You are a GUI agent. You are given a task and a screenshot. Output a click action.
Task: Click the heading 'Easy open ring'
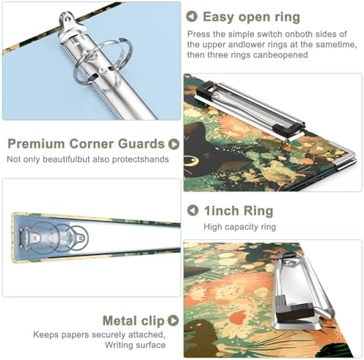pos(251,17)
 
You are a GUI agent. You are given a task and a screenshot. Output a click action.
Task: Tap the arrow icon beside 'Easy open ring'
pos(192,17)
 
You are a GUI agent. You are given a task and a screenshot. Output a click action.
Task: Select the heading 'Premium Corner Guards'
pos(86,144)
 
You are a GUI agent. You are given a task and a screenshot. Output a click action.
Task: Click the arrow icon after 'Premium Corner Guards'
pos(174,144)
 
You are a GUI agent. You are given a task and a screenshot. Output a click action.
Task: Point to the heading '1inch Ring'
pos(239,211)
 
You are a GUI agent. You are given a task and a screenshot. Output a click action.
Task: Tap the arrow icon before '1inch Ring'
pos(192,210)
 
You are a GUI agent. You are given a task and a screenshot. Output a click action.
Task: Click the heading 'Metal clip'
pos(134,321)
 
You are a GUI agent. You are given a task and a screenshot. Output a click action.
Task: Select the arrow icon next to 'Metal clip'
pos(173,320)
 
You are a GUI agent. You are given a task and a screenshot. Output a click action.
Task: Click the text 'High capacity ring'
pos(240,227)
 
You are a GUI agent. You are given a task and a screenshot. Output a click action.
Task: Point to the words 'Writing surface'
pos(135,345)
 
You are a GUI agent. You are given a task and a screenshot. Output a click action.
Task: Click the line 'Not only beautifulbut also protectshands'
pos(88,159)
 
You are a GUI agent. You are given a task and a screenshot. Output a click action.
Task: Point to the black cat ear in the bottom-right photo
pos(197,270)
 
